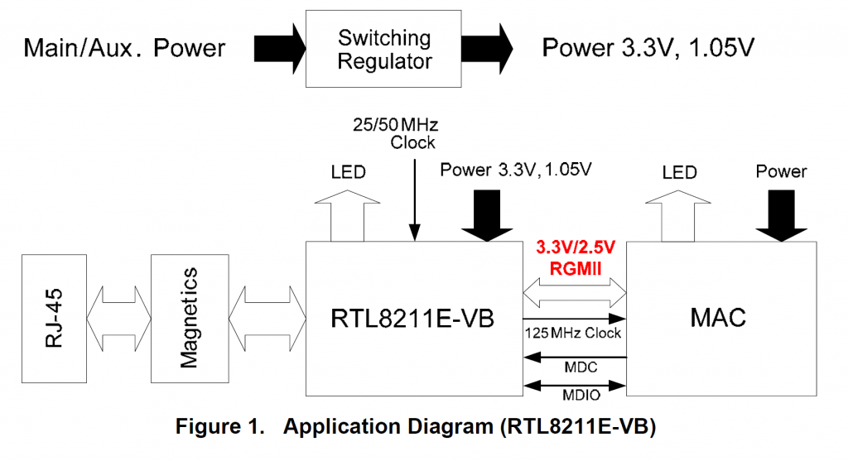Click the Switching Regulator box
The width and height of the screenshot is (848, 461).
coord(383,49)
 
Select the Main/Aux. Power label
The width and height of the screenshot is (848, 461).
coord(124,48)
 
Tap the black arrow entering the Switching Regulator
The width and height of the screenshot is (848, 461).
coord(278,47)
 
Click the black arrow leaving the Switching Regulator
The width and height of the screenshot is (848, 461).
coord(488,47)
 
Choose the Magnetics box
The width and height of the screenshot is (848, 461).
coord(189,317)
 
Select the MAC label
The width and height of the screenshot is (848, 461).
coord(716,317)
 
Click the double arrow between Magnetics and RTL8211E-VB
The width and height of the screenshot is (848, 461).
coord(266,316)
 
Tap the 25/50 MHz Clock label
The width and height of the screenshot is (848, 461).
coord(394,133)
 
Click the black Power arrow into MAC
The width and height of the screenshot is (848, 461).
coord(781,214)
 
